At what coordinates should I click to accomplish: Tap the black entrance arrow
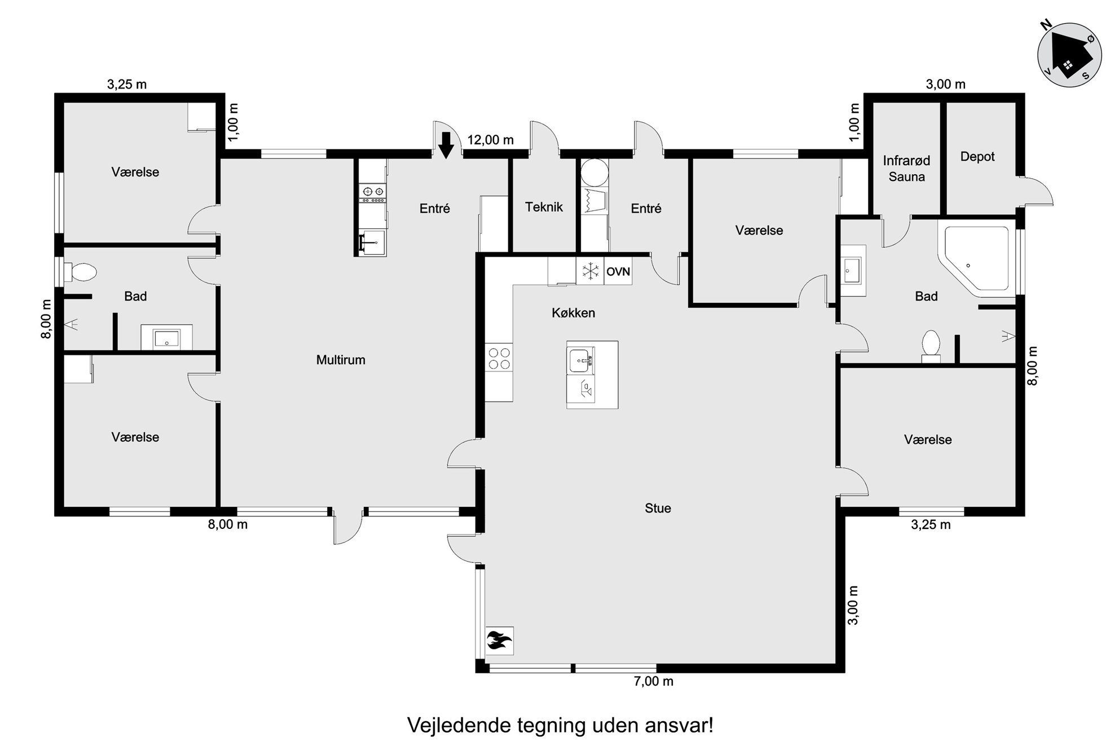(446, 145)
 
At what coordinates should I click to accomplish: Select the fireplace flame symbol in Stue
(499, 641)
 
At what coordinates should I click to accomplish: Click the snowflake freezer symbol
(590, 271)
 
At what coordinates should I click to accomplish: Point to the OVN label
(618, 272)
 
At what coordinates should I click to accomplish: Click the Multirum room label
(341, 360)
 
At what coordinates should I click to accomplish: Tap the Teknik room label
(544, 207)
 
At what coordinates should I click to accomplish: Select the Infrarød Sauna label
(906, 169)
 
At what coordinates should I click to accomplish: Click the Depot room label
(977, 157)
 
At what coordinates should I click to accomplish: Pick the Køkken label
(573, 313)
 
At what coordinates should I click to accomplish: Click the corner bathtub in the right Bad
(975, 260)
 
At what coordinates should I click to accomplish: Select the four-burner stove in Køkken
(499, 358)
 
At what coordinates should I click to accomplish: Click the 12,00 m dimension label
(491, 140)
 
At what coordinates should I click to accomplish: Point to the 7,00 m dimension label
(654, 681)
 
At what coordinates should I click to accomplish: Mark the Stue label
(658, 508)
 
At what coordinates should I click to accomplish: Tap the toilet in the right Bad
(931, 346)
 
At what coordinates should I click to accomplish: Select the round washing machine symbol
(595, 173)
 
